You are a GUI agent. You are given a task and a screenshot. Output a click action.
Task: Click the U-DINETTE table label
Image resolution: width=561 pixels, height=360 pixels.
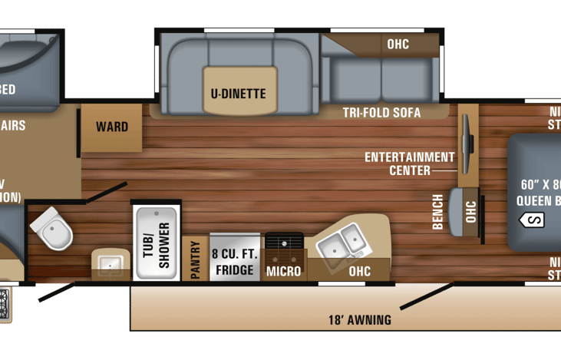coord(238,94)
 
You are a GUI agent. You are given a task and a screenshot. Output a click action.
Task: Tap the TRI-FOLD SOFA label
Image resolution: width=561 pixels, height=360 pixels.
coord(381,113)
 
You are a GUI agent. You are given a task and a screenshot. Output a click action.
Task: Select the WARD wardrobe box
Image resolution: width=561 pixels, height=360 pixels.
coord(112,127)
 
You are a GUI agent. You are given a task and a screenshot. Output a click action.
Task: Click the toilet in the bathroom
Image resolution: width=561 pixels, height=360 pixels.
coord(52,229)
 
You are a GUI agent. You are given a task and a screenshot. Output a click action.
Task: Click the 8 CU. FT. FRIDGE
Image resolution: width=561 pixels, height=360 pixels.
coord(234,259)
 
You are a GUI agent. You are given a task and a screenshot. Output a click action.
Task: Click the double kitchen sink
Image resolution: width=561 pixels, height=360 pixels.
coord(342,241)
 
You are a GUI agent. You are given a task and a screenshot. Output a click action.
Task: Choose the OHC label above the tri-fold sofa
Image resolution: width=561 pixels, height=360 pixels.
coord(398,44)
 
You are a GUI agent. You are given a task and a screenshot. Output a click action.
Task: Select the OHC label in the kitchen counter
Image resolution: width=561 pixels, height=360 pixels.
coord(359,271)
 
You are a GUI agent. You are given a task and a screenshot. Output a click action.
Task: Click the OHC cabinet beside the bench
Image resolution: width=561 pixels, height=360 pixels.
coord(470,209)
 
